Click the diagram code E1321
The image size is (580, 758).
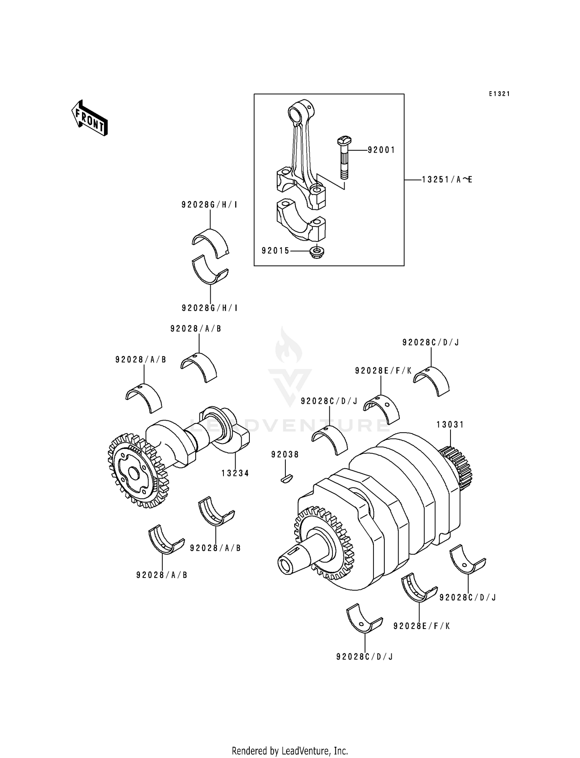(499, 94)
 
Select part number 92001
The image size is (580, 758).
(381, 150)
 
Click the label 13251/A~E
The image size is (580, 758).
(447, 180)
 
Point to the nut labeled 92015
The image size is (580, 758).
(317, 252)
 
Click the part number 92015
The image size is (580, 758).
(275, 251)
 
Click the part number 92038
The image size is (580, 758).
(285, 455)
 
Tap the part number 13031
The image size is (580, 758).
(450, 425)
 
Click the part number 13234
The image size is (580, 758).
(235, 473)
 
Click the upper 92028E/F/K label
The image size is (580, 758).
(383, 371)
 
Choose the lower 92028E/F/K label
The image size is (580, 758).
(421, 626)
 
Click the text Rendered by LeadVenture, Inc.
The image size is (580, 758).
(290, 751)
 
